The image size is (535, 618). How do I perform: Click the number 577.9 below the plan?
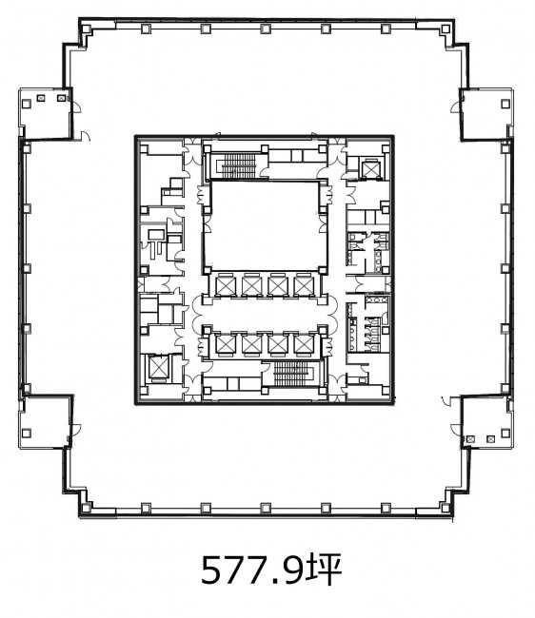tap(252, 570)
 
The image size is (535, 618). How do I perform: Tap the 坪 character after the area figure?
tap(323, 570)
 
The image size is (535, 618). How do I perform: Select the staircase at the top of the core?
tap(238, 165)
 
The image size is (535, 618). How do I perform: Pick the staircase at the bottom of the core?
tap(291, 373)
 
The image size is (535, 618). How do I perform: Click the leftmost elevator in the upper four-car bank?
tap(226, 285)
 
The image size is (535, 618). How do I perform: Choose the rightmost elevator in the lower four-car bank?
tap(304, 343)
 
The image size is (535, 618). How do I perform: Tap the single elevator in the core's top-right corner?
tap(371, 169)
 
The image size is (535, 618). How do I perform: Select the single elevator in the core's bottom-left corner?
tap(157, 369)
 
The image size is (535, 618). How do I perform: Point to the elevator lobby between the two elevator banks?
tap(265, 314)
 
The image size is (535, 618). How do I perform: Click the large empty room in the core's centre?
tap(265, 225)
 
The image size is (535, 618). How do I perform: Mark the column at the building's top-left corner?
tap(86, 29)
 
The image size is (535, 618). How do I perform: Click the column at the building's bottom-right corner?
tap(446, 508)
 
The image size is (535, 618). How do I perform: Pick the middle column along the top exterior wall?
tap(266, 29)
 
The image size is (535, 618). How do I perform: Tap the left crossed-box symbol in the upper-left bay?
tap(41, 98)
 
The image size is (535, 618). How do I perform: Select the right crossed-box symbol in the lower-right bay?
tap(490, 438)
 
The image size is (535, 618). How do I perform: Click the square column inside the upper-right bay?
tap(505, 104)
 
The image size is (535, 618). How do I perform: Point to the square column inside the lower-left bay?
tap(27, 434)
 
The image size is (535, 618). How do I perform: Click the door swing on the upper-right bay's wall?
tap(456, 107)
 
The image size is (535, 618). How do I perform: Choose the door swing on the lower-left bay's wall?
tap(76, 430)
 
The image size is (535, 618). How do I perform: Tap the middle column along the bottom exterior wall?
tap(266, 508)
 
